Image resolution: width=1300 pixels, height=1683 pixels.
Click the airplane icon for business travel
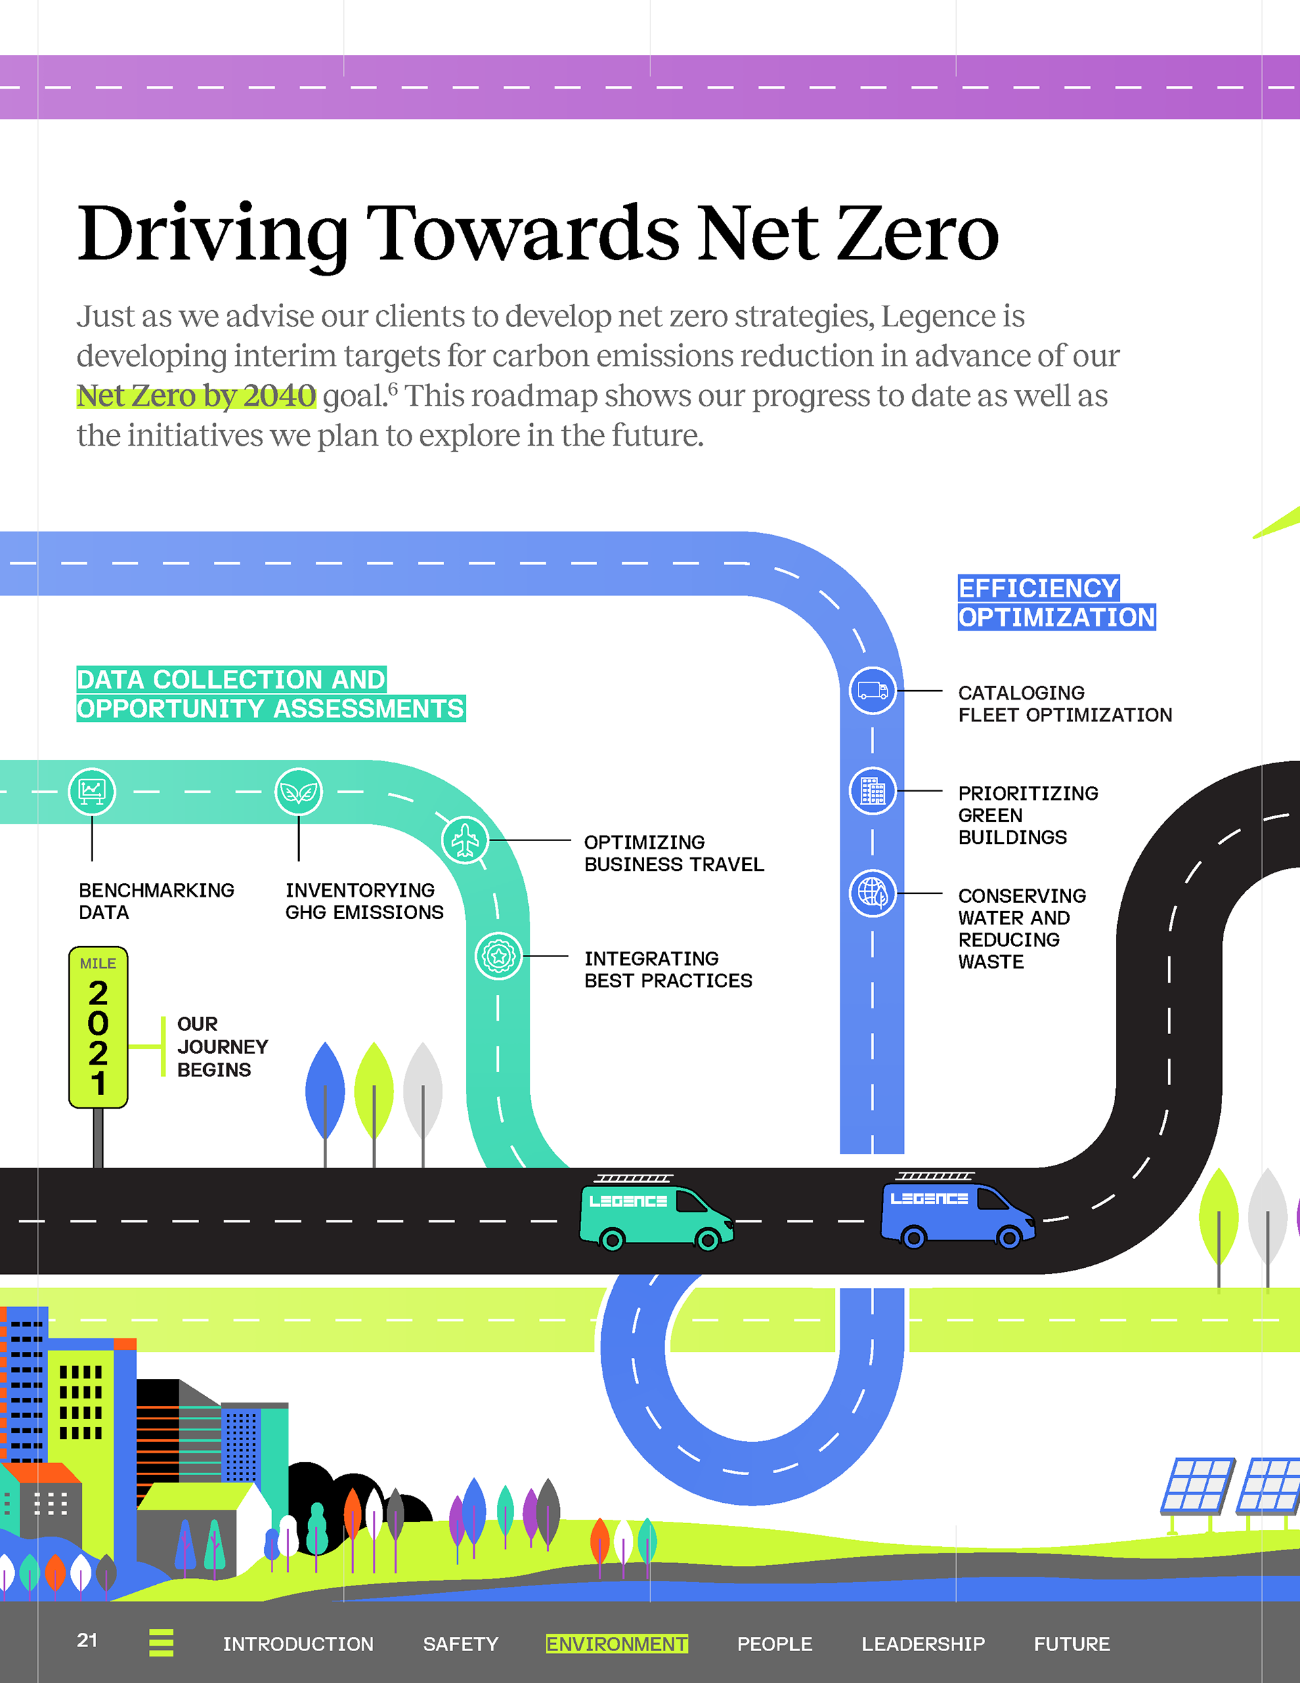(x=464, y=840)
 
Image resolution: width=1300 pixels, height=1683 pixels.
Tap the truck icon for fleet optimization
(x=872, y=690)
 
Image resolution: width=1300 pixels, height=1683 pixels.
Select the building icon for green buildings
(x=872, y=790)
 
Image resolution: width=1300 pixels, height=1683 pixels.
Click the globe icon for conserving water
(x=872, y=893)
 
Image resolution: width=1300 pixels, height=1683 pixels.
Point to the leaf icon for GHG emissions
(x=298, y=792)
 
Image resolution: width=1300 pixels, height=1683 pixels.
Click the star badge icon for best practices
(x=498, y=956)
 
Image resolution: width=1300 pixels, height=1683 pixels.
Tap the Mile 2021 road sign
(x=98, y=1028)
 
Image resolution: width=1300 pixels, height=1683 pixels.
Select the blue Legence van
(x=957, y=1212)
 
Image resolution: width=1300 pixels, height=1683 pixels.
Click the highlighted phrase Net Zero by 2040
(x=196, y=396)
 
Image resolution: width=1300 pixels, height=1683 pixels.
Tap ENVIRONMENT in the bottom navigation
(x=616, y=1644)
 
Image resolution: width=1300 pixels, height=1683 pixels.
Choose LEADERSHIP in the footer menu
(x=922, y=1644)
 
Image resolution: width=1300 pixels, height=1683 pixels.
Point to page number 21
(x=87, y=1640)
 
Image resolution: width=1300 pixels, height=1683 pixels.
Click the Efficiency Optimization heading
(x=1056, y=603)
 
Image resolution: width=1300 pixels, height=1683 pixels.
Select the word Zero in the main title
(x=917, y=234)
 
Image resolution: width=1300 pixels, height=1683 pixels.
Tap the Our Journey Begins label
(x=222, y=1046)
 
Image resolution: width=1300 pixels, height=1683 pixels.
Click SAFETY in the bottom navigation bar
(x=460, y=1644)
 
